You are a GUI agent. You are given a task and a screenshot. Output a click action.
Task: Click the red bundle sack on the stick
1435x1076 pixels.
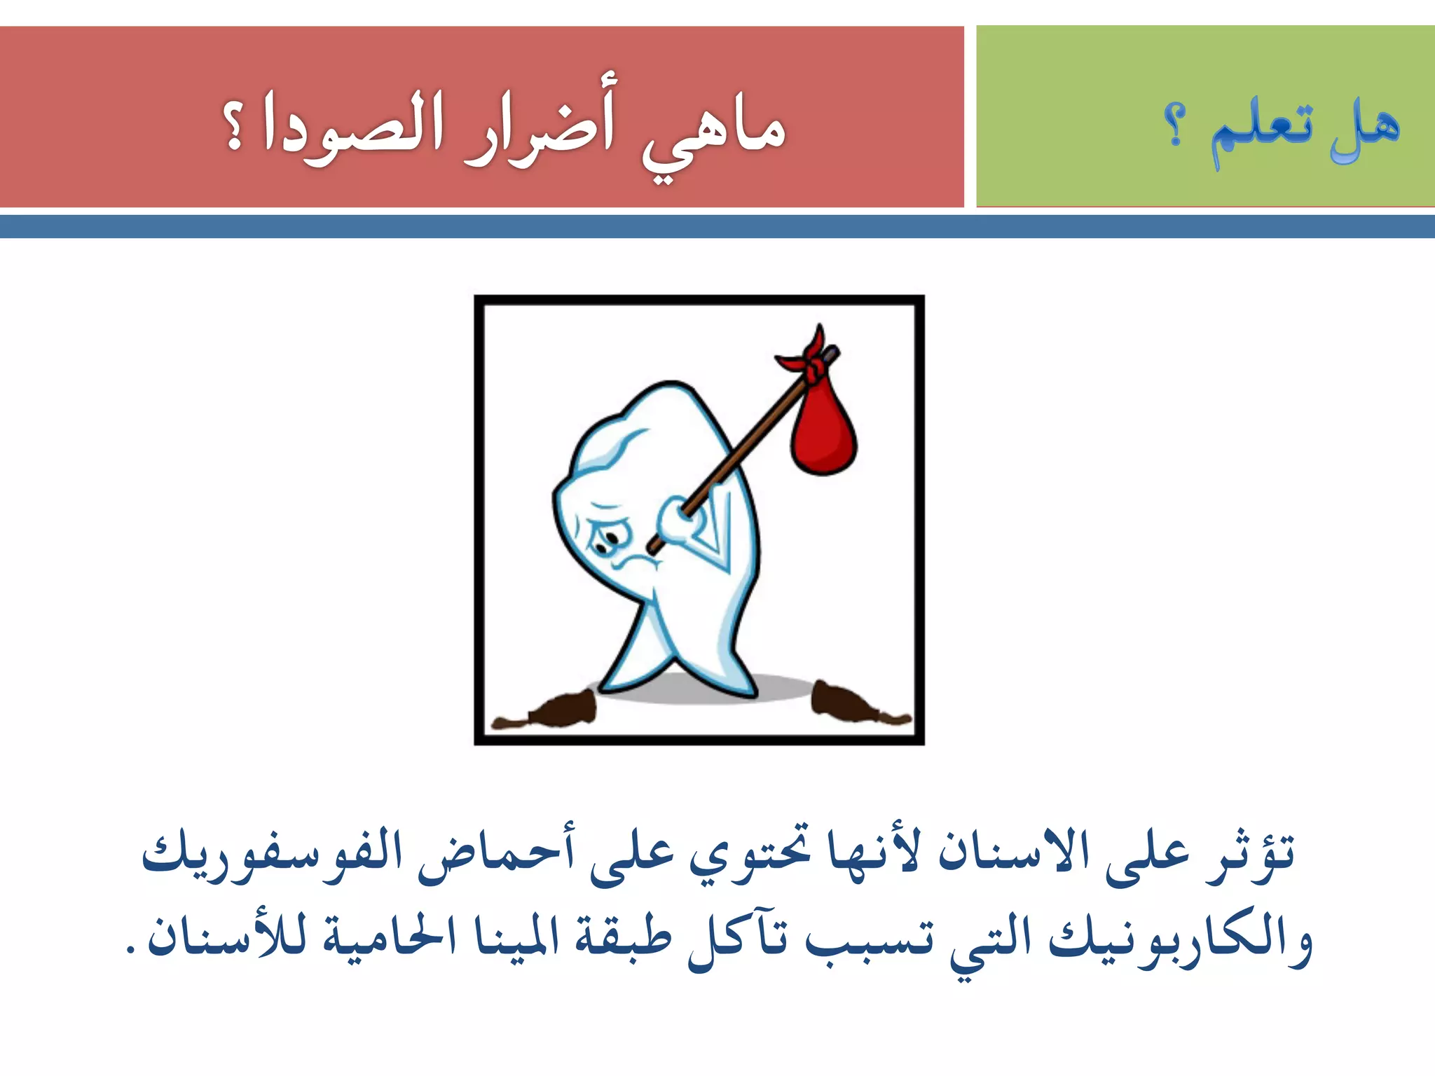coord(823,431)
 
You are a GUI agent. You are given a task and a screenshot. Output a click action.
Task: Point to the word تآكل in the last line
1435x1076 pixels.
coord(739,939)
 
